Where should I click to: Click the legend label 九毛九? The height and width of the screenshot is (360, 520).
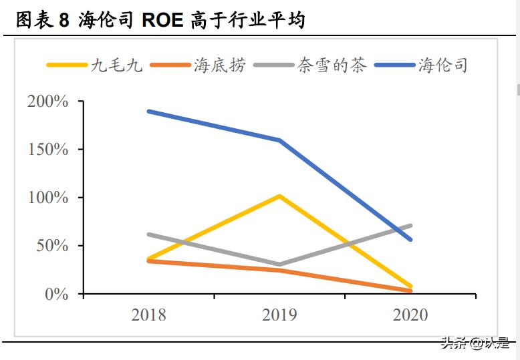pos(117,65)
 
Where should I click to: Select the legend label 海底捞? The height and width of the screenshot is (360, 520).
pos(220,65)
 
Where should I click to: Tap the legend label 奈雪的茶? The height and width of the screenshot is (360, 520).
pos(332,65)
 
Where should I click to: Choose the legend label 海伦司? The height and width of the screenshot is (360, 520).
pos(443,65)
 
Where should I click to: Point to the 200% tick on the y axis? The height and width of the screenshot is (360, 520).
pos(47,102)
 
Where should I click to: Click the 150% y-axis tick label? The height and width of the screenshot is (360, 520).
pos(47,150)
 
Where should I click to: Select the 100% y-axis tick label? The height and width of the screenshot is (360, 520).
pos(47,198)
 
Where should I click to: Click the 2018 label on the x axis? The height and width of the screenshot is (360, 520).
pos(148,315)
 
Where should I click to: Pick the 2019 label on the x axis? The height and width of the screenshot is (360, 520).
pos(279,315)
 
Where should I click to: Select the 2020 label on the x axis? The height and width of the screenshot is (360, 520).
pos(410,315)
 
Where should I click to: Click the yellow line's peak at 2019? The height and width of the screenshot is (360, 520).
pos(279,196)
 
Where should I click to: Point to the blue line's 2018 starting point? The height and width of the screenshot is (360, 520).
pos(148,111)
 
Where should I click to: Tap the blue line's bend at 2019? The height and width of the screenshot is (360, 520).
pos(279,140)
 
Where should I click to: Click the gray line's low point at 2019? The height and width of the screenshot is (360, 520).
pos(279,264)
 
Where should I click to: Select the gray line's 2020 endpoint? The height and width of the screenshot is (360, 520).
pos(410,226)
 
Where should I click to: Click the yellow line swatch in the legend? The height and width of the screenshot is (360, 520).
pos(66,65)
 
